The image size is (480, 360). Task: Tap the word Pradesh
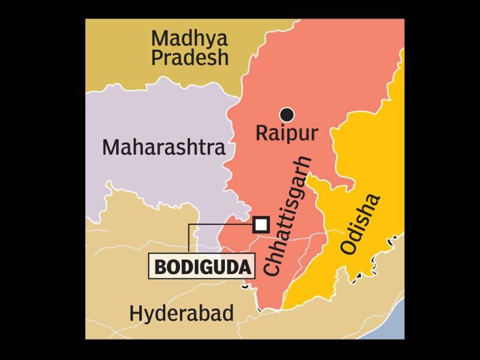[190, 58]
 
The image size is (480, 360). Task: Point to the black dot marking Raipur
[287, 113]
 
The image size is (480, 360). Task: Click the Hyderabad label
[181, 313]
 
